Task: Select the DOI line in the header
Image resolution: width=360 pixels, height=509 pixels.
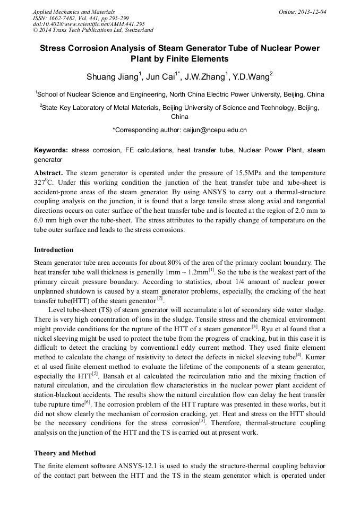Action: pyautogui.click(x=89, y=24)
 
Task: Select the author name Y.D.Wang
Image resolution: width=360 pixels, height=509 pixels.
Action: pyautogui.click(x=252, y=77)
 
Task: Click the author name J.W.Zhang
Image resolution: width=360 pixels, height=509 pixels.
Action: pyautogui.click(x=206, y=77)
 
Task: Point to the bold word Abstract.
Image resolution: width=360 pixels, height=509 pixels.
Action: pyautogui.click(x=48, y=173)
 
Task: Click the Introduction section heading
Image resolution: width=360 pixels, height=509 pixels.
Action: pyautogui.click(x=54, y=250)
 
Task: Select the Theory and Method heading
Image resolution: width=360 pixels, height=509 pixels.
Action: pyautogui.click(x=65, y=453)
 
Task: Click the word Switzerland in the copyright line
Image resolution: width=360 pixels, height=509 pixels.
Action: pyautogui.click(x=136, y=30)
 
